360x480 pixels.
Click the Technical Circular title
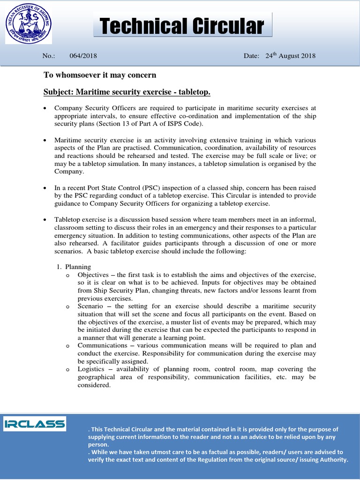click(182, 26)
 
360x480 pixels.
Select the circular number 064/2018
click(83, 56)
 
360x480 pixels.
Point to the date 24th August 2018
click(290, 56)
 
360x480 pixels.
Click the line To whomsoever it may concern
click(100, 75)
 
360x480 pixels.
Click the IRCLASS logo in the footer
click(35, 424)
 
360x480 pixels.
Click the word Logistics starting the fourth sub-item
click(91, 369)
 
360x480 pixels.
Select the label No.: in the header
click(48, 56)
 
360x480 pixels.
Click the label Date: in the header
click(251, 56)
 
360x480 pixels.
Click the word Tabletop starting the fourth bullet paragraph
click(67, 220)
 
